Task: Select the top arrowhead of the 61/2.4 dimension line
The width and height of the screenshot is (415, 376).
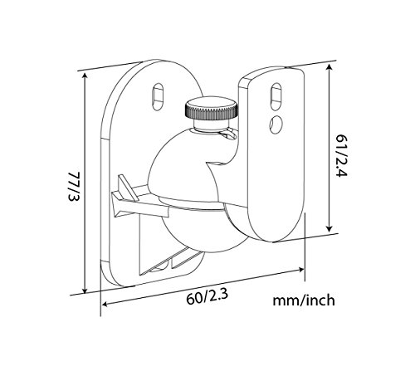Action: pyautogui.click(x=331, y=66)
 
